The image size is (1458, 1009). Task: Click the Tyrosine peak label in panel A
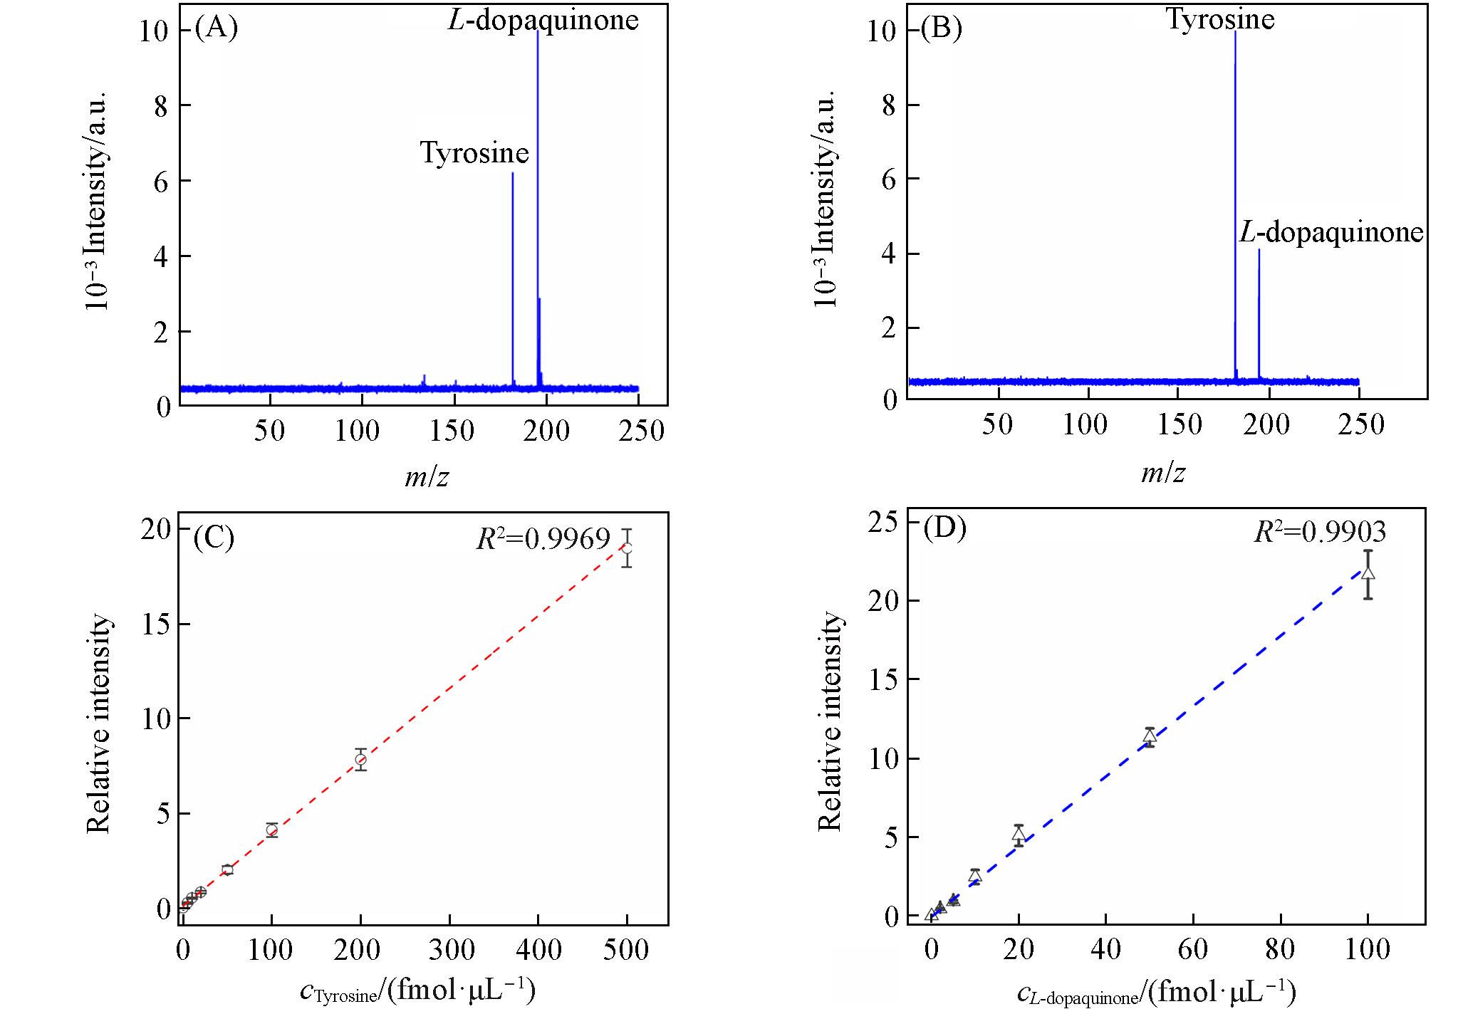[474, 153]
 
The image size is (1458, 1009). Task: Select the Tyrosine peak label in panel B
[1220, 19]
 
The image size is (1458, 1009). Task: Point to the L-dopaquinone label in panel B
[1331, 232]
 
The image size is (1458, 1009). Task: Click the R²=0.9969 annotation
[543, 539]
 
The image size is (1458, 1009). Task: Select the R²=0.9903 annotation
[1320, 532]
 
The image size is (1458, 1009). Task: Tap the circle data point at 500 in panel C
[627, 548]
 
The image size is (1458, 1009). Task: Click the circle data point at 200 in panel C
[360, 759]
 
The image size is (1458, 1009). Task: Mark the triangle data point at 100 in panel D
[1368, 573]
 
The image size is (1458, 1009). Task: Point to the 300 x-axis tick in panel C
[449, 950]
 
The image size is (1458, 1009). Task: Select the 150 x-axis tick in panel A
[453, 431]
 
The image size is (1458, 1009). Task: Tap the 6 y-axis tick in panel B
[890, 179]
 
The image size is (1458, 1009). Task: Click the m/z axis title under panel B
[1163, 473]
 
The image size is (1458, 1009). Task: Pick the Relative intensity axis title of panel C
[100, 723]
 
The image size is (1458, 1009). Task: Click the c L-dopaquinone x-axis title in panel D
[1155, 993]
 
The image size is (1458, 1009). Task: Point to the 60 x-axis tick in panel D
[1193, 950]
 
